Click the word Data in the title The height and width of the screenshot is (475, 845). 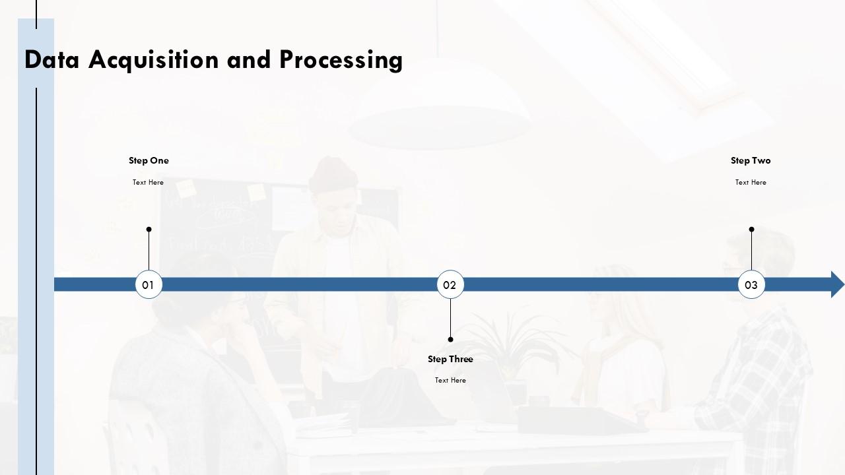click(51, 59)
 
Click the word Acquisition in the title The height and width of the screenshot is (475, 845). click(154, 60)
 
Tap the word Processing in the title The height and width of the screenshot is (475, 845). click(341, 60)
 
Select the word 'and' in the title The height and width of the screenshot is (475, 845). click(249, 59)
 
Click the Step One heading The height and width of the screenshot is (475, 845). click(149, 160)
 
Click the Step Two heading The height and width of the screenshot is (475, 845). click(751, 160)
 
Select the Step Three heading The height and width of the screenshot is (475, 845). click(450, 360)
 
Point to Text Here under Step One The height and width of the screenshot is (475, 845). click(148, 183)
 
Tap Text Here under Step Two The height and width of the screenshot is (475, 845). click(751, 183)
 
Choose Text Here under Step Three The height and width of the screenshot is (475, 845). click(450, 381)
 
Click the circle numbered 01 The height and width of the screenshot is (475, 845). click(149, 284)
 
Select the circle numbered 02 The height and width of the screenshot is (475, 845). click(450, 284)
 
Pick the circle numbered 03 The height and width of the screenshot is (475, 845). click(751, 284)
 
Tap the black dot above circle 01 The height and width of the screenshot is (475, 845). click(149, 229)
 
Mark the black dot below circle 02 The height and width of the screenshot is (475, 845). click(450, 340)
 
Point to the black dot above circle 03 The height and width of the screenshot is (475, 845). click(751, 229)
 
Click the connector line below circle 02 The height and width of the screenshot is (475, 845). click(450, 318)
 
